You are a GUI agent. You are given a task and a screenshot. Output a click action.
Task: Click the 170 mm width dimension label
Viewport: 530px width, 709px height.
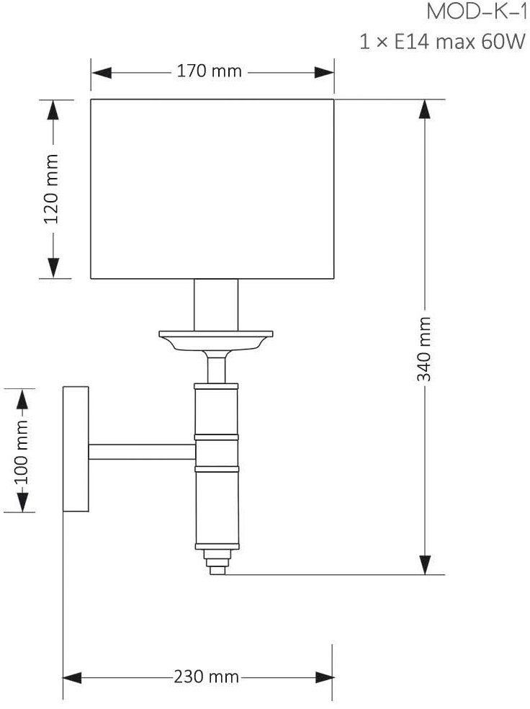(209, 71)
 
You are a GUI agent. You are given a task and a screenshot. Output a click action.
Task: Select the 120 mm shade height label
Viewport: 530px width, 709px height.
(52, 189)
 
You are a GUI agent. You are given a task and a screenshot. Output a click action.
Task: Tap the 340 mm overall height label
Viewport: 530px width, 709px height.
(424, 349)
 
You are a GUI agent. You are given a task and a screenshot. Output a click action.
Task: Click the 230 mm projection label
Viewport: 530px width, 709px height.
(206, 677)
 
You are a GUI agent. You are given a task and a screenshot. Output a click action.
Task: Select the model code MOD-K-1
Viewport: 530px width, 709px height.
(477, 12)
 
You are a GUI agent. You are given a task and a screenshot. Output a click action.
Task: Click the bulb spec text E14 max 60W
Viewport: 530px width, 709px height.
(460, 42)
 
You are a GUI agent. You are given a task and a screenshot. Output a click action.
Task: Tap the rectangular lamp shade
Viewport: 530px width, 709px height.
(212, 189)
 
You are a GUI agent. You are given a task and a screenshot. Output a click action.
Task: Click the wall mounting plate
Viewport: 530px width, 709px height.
(76, 449)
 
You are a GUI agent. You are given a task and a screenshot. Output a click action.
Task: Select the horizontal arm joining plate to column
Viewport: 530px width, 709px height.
(142, 452)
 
